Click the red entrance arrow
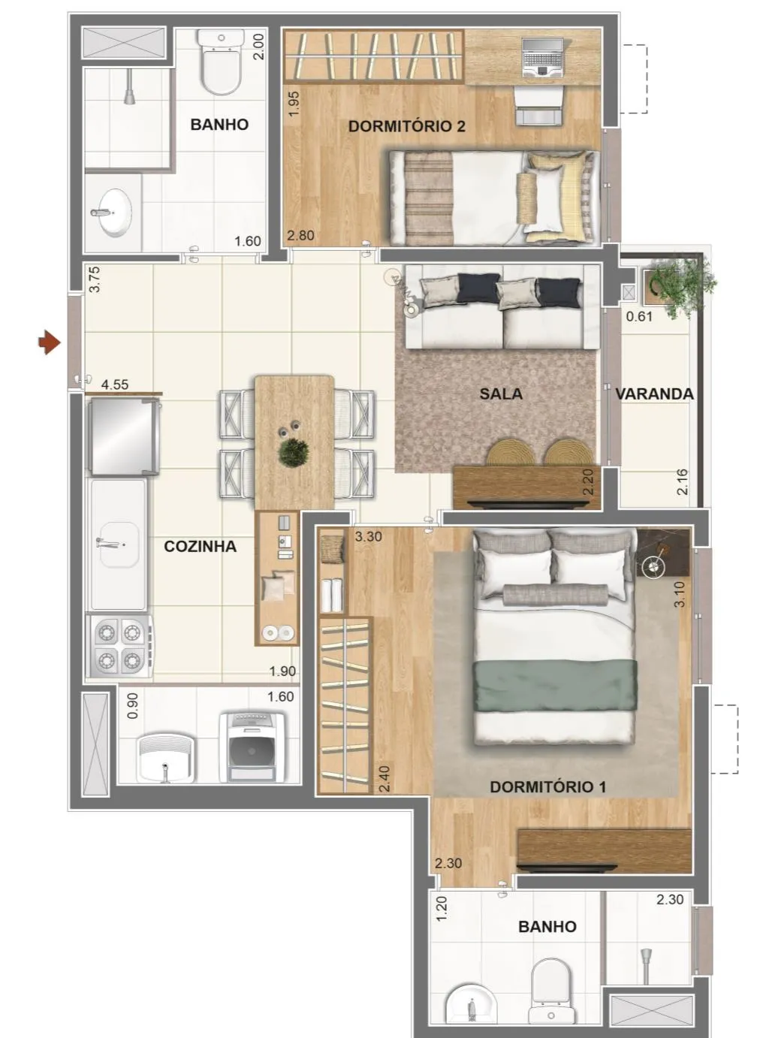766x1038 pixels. [50, 342]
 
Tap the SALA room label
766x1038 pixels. [501, 394]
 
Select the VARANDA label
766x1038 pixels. [653, 394]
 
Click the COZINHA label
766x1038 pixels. [200, 546]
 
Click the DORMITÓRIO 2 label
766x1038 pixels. [406, 126]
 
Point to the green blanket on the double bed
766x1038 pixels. [555, 685]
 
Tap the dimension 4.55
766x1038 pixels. [115, 385]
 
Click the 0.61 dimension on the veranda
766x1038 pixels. [639, 316]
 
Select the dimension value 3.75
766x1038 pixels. [95, 279]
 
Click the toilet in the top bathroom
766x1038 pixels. [222, 62]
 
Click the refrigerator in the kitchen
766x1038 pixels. [123, 436]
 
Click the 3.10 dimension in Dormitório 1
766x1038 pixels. [680, 594]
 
